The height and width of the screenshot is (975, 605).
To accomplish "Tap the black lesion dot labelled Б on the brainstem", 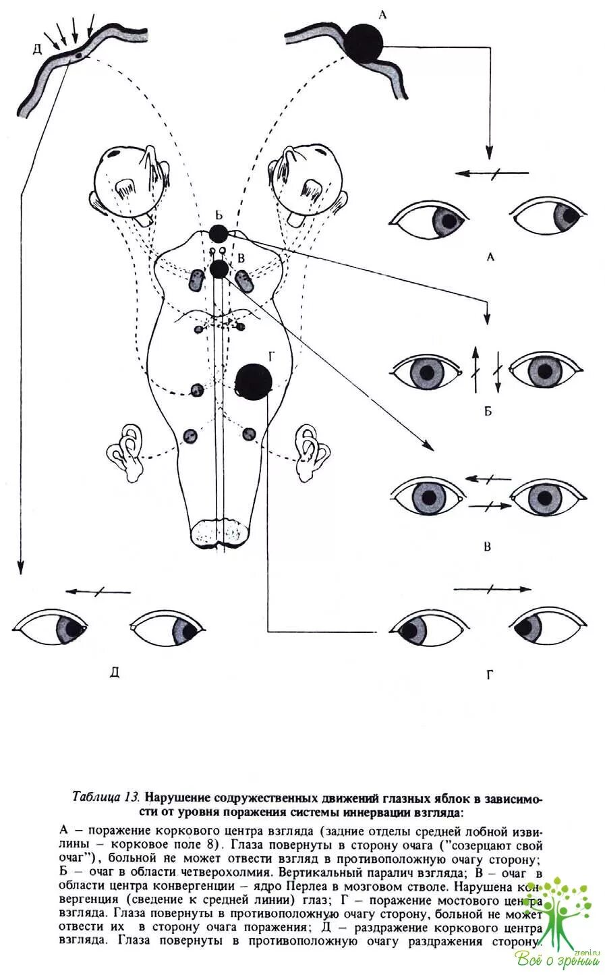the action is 218,234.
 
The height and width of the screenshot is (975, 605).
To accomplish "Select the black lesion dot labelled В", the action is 219,269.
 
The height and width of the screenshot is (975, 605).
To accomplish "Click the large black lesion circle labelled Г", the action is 254,382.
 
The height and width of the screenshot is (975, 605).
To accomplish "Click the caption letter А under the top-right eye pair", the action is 490,256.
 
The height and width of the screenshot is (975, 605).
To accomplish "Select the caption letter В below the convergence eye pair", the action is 488,546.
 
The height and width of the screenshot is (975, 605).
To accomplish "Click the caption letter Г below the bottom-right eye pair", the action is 488,674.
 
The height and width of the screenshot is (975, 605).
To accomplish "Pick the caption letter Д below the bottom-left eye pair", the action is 114,671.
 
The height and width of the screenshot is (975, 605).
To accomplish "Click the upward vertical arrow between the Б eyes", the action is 474,370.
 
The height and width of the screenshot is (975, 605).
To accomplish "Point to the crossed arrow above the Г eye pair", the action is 492,589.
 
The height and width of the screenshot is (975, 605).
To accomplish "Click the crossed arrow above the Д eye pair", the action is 98,592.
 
